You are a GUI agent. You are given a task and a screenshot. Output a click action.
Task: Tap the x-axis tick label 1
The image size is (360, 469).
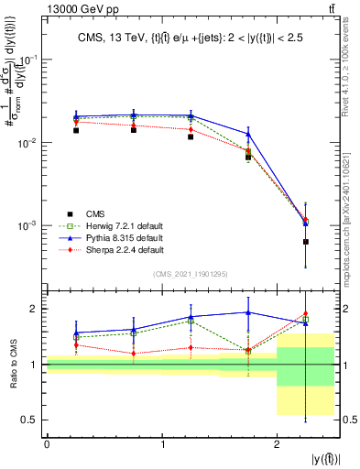(x=162, y=444)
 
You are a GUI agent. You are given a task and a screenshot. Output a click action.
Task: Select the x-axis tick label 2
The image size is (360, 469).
(x=277, y=444)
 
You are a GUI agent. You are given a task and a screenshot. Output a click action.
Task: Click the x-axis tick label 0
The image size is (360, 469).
(x=47, y=444)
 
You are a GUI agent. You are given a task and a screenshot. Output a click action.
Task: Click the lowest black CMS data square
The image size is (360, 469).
(x=306, y=242)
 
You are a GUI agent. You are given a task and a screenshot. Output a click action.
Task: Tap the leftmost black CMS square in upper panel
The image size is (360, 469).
(x=76, y=130)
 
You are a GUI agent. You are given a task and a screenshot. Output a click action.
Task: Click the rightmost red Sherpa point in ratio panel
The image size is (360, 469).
(x=306, y=313)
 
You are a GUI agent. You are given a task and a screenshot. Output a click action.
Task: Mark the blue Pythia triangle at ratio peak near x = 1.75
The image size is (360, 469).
(x=248, y=311)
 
